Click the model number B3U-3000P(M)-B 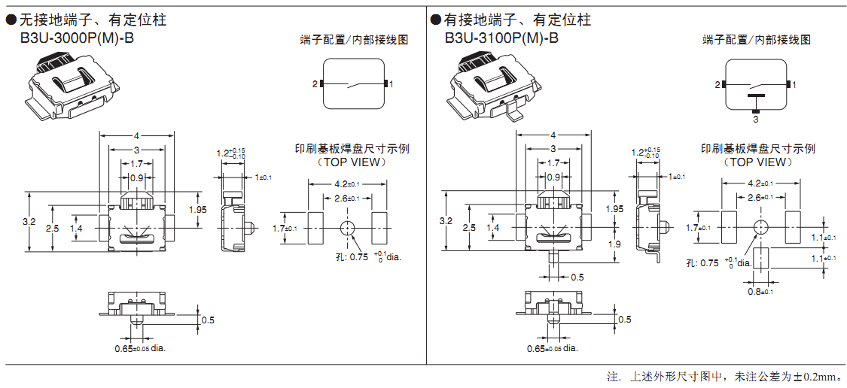[x=77, y=37]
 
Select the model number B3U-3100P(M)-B [x=501, y=37]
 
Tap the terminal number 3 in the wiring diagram [x=756, y=119]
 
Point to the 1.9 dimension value [x=614, y=244]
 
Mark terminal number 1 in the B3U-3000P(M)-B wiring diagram [x=392, y=83]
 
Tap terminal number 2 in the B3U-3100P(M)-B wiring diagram [x=718, y=85]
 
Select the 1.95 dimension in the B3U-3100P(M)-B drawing [x=614, y=208]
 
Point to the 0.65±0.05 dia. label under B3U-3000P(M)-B [x=140, y=348]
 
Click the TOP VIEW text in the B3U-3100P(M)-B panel [x=758, y=162]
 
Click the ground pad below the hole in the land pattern [x=760, y=258]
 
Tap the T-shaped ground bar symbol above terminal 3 [x=756, y=96]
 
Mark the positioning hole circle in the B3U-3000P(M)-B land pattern [x=347, y=228]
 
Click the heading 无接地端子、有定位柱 [x=92, y=20]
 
